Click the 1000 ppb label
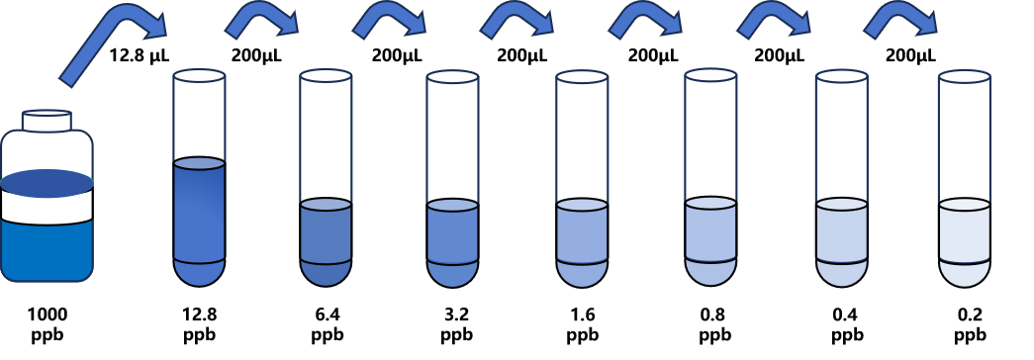click(x=48, y=323)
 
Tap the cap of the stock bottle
click(x=47, y=120)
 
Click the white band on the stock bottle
click(x=47, y=205)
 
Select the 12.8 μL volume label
click(x=140, y=55)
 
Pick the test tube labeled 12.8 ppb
click(x=199, y=179)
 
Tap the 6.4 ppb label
click(x=328, y=323)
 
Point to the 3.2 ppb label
click(x=456, y=323)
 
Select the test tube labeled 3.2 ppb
click(x=453, y=179)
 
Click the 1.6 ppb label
click(x=582, y=323)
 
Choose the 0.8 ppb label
click(x=714, y=323)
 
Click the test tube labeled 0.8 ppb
click(x=710, y=179)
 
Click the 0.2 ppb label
click(x=970, y=323)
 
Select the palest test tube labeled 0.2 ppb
click(x=965, y=179)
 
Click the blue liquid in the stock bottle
click(x=47, y=250)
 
